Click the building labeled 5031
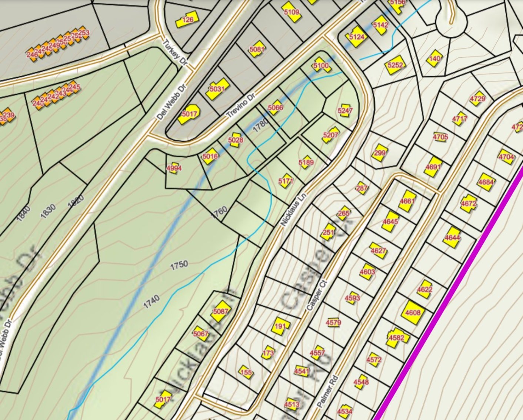coord(217,89)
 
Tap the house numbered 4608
coord(413,313)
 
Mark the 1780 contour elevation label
coord(260,126)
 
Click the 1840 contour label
coord(23,214)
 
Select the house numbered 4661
coord(407,201)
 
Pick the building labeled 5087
coord(220,312)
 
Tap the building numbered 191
coord(281,326)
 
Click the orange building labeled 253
coord(84,33)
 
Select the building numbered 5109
coord(292,13)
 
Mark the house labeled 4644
coord(452,237)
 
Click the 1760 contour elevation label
coord(219,212)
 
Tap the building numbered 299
coord(380,153)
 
